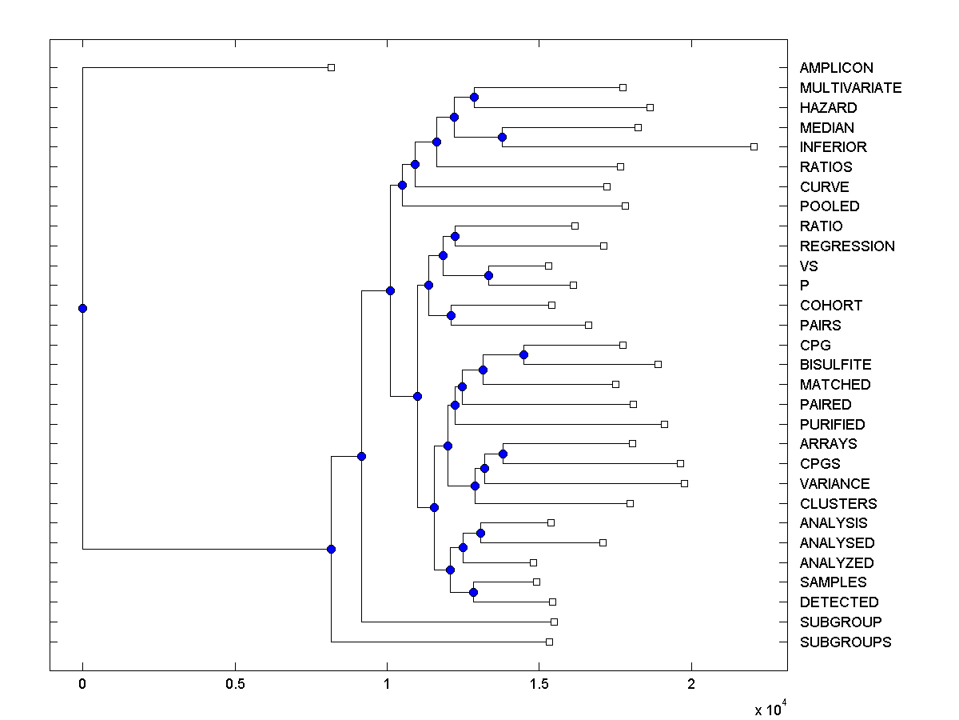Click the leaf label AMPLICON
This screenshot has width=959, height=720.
pyautogui.click(x=836, y=68)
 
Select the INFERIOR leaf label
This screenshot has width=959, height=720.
pyautogui.click(x=833, y=147)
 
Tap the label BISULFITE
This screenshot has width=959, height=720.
pyautogui.click(x=835, y=365)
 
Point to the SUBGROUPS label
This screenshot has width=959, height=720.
pyautogui.click(x=845, y=642)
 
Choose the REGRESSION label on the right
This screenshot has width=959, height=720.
pyautogui.click(x=847, y=246)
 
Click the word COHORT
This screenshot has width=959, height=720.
pyautogui.click(x=831, y=306)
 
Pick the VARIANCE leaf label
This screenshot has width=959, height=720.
pyautogui.click(x=834, y=484)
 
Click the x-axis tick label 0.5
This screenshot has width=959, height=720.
pyautogui.click(x=235, y=685)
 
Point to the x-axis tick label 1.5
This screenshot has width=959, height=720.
pyautogui.click(x=539, y=685)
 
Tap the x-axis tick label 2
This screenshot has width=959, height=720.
pyautogui.click(x=691, y=685)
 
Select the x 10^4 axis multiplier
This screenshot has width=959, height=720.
pyautogui.click(x=770, y=709)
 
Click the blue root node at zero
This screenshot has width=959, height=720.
pyautogui.click(x=82, y=308)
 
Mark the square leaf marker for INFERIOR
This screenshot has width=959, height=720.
pyautogui.click(x=754, y=147)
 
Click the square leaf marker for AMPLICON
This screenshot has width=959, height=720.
pyautogui.click(x=332, y=68)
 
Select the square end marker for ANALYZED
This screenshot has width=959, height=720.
pyautogui.click(x=534, y=563)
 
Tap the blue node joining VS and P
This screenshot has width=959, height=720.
pyautogui.click(x=489, y=276)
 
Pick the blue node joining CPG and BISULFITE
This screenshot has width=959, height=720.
pyautogui.click(x=524, y=354)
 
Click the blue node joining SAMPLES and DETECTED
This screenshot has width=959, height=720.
pyautogui.click(x=473, y=592)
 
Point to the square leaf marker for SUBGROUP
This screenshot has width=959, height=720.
pyautogui.click(x=555, y=622)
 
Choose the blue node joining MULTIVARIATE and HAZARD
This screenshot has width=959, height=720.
pyautogui.click(x=474, y=97)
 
